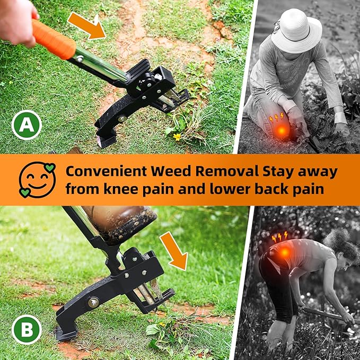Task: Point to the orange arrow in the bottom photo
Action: [174, 250]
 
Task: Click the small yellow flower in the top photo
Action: [177, 136]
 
